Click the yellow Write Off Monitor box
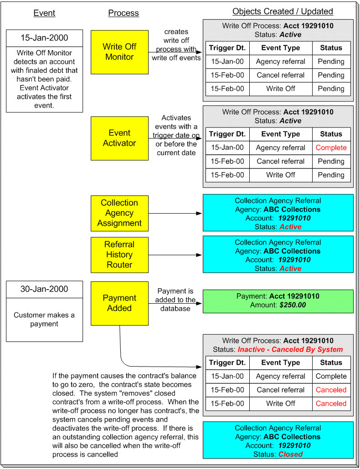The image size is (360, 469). tap(119, 52)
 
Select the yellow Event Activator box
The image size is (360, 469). tap(119, 138)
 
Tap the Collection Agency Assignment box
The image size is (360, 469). tap(119, 213)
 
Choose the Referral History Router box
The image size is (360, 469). tap(119, 255)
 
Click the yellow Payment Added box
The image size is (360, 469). tap(119, 303)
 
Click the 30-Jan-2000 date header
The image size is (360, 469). tap(45, 289)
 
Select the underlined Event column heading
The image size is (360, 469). tap(44, 13)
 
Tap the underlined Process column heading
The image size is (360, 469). tap(123, 13)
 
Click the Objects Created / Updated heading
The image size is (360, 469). tap(283, 11)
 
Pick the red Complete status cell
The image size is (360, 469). tap(331, 148)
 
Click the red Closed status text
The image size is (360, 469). tap(291, 454)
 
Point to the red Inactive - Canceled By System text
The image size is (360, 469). tap(290, 349)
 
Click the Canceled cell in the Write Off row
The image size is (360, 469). tap(331, 403)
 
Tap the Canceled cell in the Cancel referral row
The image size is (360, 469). tap(331, 390)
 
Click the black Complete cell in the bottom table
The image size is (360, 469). tap(331, 376)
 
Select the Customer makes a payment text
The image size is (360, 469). tap(44, 319)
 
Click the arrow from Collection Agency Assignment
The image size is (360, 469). tap(175, 213)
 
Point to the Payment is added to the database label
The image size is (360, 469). tap(175, 300)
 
